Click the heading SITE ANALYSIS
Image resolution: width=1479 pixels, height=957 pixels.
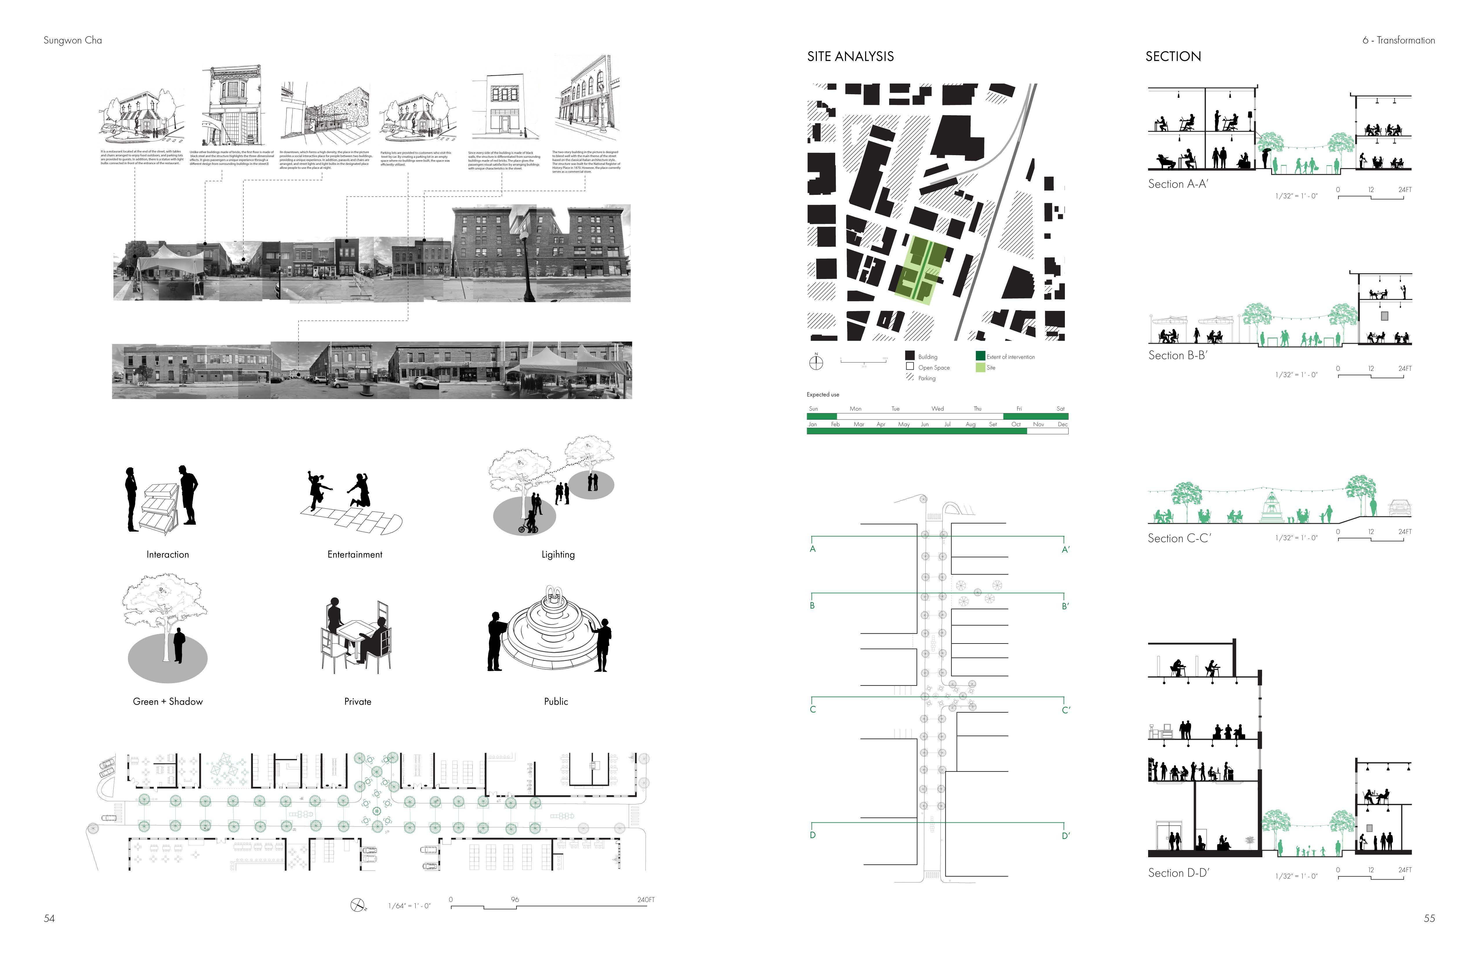click(850, 57)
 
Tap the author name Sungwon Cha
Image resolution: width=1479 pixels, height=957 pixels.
click(73, 40)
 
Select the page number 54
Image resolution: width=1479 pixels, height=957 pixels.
click(49, 918)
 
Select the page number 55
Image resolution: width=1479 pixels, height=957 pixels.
click(1429, 918)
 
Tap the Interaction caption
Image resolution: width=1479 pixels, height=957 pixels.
click(168, 554)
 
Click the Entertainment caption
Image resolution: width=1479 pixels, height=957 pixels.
click(355, 554)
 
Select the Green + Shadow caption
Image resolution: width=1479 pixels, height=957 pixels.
click(168, 702)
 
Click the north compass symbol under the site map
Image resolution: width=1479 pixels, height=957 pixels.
click(816, 362)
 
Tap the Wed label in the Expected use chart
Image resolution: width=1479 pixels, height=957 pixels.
click(937, 409)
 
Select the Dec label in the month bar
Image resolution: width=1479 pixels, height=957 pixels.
click(1062, 425)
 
